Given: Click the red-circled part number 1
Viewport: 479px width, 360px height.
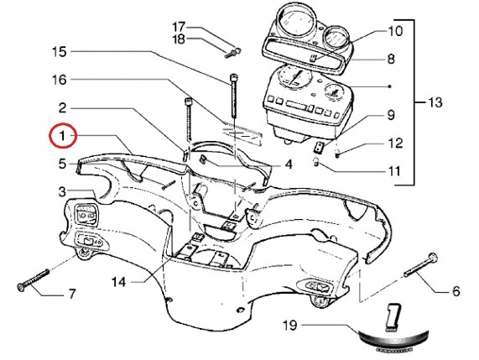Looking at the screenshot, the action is [62, 135].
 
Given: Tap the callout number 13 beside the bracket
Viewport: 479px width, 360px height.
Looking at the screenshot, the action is [435, 102].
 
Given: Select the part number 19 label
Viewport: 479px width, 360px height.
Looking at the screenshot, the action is [290, 325].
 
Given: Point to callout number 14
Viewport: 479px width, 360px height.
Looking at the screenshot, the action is [118, 282].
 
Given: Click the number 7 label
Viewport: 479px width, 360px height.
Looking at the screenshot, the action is [71, 294].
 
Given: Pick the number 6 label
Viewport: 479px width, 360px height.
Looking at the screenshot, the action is [456, 291].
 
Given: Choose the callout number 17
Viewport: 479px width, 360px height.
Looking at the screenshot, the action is [179, 27].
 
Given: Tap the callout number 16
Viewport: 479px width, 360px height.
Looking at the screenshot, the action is [60, 80].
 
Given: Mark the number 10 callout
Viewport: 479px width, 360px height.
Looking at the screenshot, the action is [395, 31].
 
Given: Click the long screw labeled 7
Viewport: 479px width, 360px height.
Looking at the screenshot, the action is [33, 279].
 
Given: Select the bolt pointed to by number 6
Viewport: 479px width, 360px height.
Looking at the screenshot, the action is [421, 265].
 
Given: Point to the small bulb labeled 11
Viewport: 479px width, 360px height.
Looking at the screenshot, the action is [316, 161].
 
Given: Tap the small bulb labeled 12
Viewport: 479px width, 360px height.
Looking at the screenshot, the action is [337, 152].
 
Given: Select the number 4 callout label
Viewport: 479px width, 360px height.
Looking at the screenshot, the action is [289, 164].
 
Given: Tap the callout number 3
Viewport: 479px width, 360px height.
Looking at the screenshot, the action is [62, 192].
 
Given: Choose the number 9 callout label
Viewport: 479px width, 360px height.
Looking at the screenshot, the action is [391, 115].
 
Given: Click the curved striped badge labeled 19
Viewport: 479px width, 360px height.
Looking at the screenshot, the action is [393, 340].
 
